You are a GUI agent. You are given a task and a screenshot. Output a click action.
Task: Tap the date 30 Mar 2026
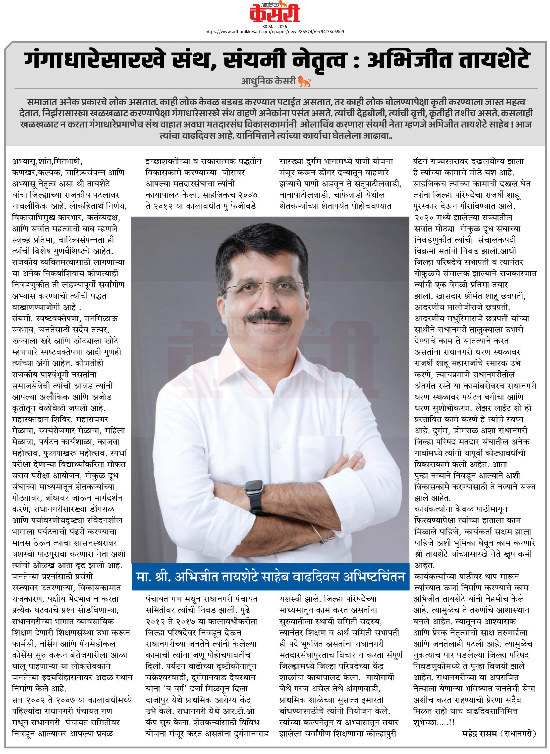(x=275, y=27)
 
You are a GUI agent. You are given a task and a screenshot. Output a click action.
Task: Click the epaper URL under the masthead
(x=275, y=32)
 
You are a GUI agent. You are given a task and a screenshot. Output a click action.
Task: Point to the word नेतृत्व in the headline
(x=319, y=60)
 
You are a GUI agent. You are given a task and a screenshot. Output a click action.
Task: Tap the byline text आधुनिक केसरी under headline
(x=268, y=81)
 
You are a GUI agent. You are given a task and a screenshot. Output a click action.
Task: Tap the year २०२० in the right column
(x=426, y=218)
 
